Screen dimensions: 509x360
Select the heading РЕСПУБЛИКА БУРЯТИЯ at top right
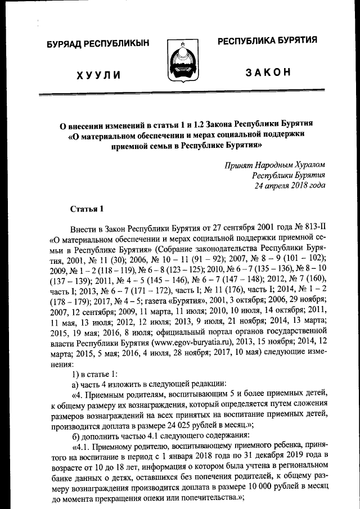267,40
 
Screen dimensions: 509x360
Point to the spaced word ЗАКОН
268,72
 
